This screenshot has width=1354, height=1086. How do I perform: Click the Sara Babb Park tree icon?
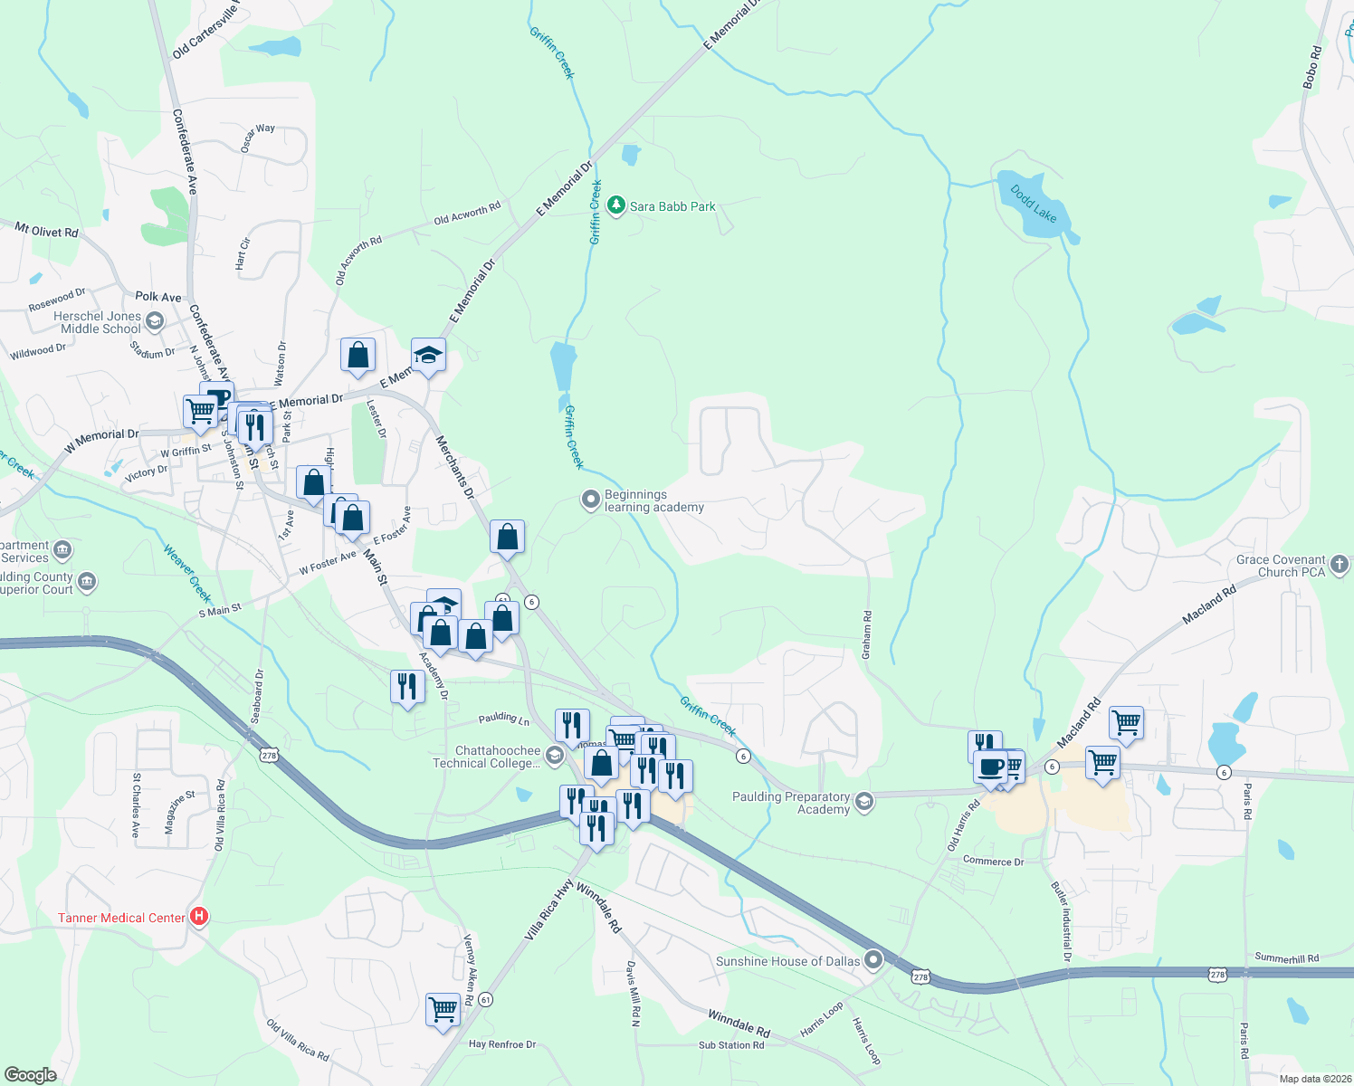point(616,206)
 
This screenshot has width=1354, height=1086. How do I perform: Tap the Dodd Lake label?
point(1033,205)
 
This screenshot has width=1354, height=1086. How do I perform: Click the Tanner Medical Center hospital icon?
point(198,917)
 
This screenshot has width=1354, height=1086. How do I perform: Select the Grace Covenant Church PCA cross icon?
point(1340,566)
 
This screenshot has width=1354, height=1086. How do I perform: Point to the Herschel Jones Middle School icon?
point(155,321)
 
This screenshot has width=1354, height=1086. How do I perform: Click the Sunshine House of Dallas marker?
point(873,960)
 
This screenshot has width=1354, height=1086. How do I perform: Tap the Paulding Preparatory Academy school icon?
point(864,802)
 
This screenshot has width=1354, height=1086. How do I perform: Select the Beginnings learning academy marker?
point(591,500)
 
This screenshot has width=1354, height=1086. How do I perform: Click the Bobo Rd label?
point(1311,67)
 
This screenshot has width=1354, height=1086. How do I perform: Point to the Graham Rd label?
point(867,634)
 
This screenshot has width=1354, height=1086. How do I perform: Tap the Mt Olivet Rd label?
point(47,230)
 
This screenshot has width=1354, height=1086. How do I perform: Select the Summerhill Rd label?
point(1286,957)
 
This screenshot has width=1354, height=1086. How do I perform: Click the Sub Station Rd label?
point(731,1045)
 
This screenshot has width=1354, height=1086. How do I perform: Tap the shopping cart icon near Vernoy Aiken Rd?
point(443,1008)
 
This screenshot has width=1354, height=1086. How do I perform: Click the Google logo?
point(30,1075)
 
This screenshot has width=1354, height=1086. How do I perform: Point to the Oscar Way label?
point(258,137)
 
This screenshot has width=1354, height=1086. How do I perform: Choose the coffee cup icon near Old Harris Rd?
point(992,766)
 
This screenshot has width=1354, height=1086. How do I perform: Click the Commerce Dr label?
point(993,861)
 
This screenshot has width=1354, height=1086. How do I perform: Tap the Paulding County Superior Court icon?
point(87,581)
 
